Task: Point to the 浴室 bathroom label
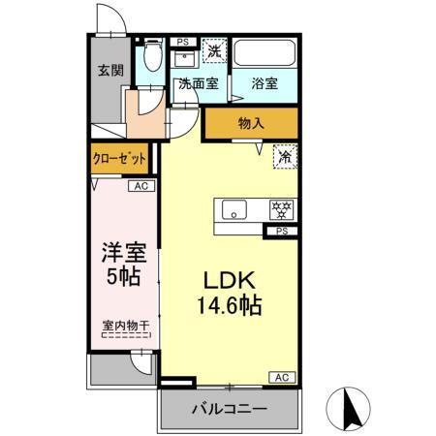tap(265, 84)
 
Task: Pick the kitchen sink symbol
tap(234, 209)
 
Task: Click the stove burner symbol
tap(282, 209)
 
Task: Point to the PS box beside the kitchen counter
tap(282, 231)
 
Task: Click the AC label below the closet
tap(140, 186)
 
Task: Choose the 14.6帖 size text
tap(229, 305)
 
